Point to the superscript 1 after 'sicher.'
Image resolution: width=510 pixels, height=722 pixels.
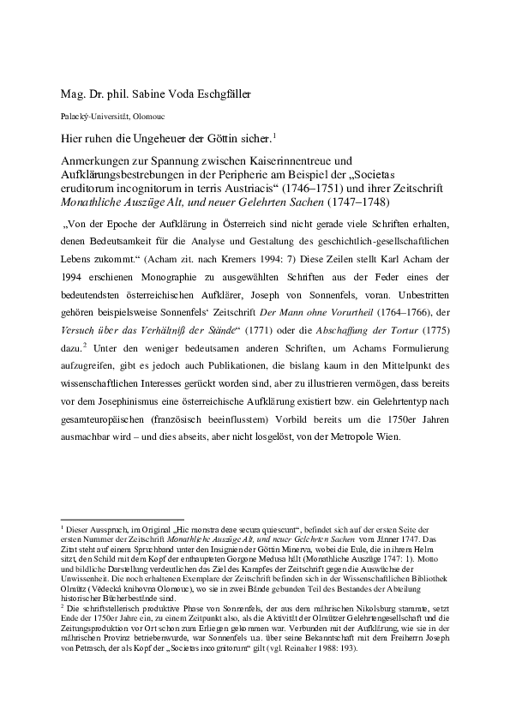pyautogui.click(x=273, y=134)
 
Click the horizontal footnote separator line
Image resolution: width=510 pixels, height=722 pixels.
pyautogui.click(x=111, y=519)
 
